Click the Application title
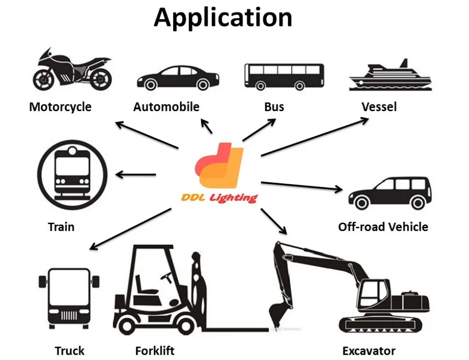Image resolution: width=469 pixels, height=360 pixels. coord(223,17)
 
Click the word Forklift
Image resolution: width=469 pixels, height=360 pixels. coord(155,351)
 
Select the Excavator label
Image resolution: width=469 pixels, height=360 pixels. coord(369,351)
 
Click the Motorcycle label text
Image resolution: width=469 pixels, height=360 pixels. coord(60,107)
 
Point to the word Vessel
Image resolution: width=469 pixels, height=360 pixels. coord(379,107)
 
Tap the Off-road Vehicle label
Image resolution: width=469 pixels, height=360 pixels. coord(383,227)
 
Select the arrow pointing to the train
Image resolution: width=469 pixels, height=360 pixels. coord(136,175)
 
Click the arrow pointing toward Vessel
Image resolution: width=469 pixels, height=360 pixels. coord(314,136)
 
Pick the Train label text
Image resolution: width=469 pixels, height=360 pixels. coord(61,227)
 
